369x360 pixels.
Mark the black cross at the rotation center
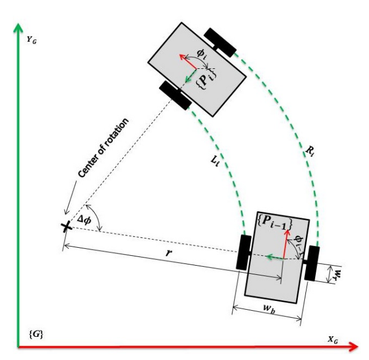click(67, 227)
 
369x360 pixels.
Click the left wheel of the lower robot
click(242, 251)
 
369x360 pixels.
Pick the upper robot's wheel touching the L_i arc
click(175, 94)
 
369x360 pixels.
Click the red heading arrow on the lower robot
click(285, 243)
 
